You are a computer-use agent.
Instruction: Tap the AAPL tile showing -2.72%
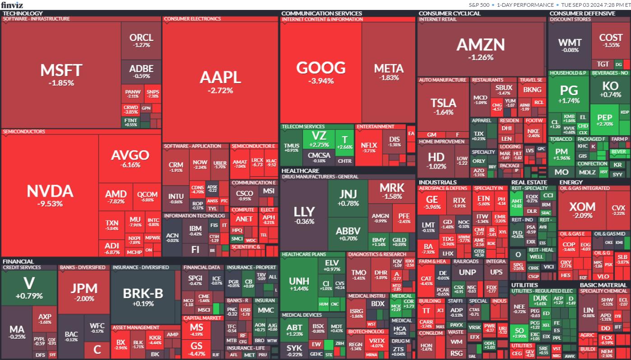coord(220,81)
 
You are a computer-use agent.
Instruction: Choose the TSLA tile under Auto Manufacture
coord(443,106)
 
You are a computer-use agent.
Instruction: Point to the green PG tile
coord(568,93)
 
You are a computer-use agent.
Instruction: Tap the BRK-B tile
coord(143,296)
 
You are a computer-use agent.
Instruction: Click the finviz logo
coord(12,5)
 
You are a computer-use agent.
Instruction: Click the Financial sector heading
coord(18,261)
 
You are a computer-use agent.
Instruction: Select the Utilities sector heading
coord(524,285)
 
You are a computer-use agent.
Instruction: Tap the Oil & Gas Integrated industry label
coord(585,188)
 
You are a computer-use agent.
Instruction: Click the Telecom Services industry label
coord(303,127)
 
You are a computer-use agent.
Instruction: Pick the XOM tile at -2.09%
coord(582,210)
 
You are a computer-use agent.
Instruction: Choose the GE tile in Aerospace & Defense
coord(432,203)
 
